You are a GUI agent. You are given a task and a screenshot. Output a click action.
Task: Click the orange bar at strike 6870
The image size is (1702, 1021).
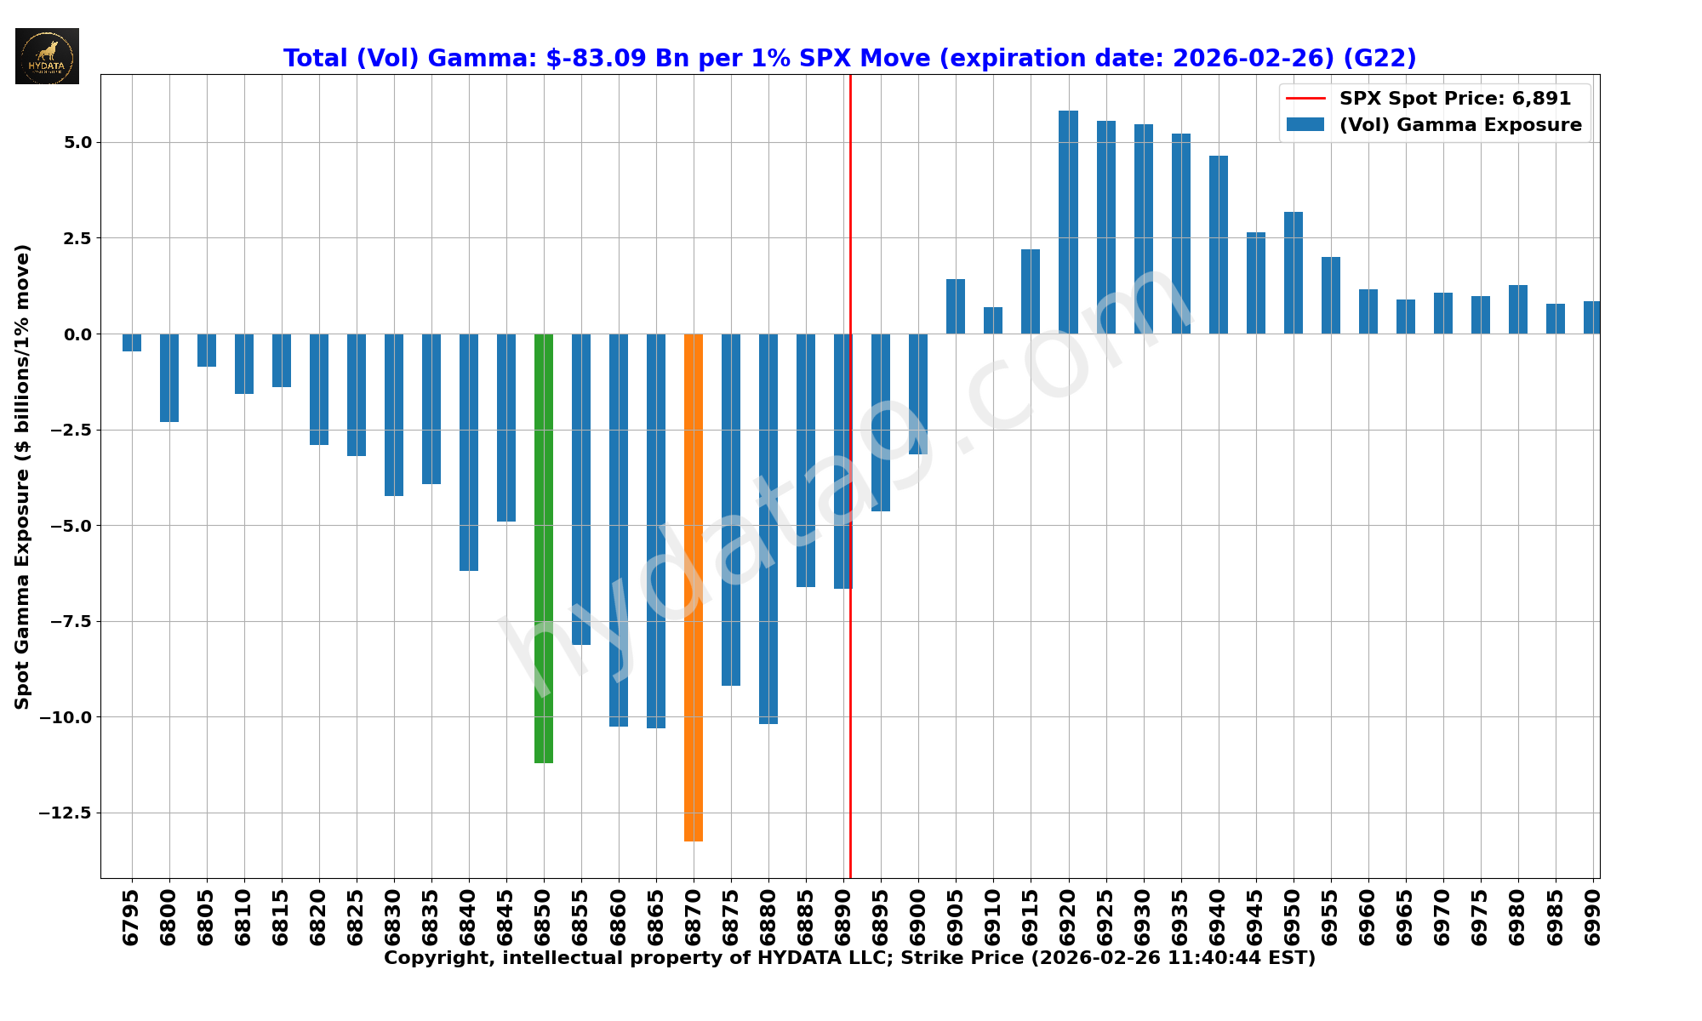694,587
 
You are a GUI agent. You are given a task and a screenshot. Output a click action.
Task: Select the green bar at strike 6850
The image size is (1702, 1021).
544,548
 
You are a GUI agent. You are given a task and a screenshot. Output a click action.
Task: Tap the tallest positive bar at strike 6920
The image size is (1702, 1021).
1068,222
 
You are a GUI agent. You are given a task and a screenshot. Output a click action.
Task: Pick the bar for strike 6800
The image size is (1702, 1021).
169,378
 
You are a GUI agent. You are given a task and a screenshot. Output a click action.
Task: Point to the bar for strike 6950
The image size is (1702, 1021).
1293,272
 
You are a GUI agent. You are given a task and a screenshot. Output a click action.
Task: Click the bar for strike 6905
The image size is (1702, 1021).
956,306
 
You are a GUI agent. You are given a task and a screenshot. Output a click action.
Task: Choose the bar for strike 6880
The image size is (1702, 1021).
768,528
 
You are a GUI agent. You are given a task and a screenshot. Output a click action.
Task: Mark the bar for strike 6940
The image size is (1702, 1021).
1218,245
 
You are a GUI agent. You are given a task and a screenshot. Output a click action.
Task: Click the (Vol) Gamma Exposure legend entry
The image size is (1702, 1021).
1459,125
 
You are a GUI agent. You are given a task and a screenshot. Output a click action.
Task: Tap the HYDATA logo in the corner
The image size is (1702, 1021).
48,56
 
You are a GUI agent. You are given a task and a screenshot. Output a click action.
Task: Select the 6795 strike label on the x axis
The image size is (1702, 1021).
132,917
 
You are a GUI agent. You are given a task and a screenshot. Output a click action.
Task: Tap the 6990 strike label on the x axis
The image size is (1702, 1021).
1592,917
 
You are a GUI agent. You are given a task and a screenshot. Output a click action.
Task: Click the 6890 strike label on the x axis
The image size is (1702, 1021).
843,917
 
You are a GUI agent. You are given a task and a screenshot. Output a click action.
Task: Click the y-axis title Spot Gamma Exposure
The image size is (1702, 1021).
23,476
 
